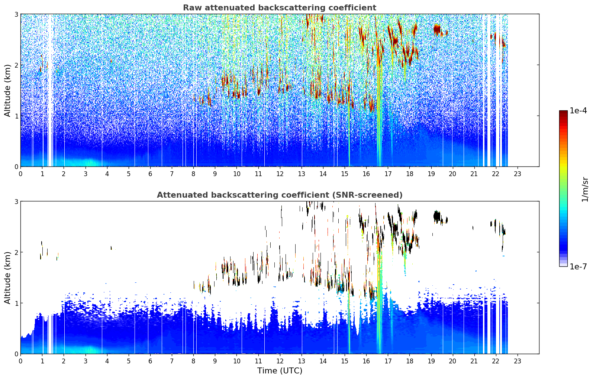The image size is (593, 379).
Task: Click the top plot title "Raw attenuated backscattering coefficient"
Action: click(x=280, y=7)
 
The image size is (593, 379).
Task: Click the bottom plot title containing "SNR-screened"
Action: click(x=280, y=195)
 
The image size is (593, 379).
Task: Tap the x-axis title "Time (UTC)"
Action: click(x=280, y=370)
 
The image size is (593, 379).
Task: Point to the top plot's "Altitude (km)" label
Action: click(x=7, y=90)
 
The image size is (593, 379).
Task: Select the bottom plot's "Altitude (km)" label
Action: click(x=7, y=277)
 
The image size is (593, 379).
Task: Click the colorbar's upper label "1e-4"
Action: click(x=578, y=111)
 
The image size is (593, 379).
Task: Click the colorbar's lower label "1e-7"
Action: click(x=578, y=266)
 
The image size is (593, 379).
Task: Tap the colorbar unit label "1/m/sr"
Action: click(x=585, y=189)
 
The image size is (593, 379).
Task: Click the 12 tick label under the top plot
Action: click(x=280, y=174)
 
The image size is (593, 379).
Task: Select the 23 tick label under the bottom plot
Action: click(x=517, y=361)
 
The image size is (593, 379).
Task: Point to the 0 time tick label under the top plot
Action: click(x=21, y=174)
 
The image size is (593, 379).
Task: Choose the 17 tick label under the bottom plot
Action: click(x=388, y=361)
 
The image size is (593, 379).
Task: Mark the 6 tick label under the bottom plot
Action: click(x=150, y=361)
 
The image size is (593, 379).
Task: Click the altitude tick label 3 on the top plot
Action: click(x=16, y=14)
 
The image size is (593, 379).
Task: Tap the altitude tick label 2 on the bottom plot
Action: click(x=16, y=253)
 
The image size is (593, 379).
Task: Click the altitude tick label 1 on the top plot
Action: click(x=16, y=116)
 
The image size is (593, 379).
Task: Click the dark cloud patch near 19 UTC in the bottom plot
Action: click(x=437, y=217)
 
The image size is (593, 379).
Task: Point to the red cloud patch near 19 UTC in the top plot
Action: click(x=437, y=29)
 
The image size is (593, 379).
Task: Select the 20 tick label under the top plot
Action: click(x=452, y=174)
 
